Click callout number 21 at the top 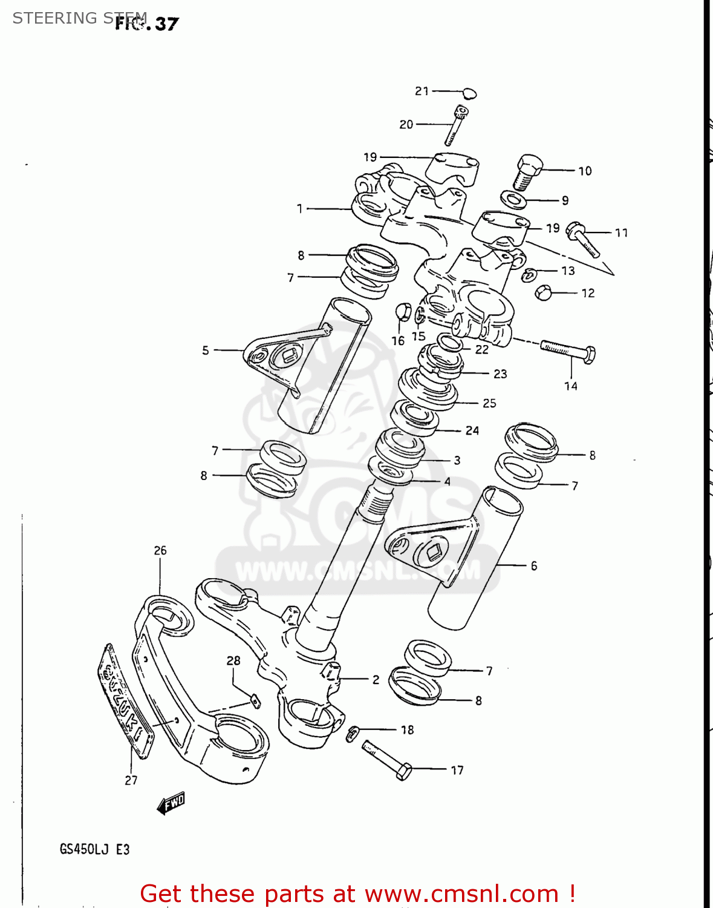pos(422,91)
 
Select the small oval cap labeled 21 pos(470,93)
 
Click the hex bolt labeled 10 pos(528,171)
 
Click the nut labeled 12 pos(543,293)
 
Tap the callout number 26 pos(160,551)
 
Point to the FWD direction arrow pos(171,803)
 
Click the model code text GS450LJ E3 pos(94,849)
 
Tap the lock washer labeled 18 pos(353,733)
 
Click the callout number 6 pos(533,566)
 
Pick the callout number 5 pos(206,350)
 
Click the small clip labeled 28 pos(255,702)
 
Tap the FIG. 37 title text pos(147,24)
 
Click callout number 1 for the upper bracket pos(299,209)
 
